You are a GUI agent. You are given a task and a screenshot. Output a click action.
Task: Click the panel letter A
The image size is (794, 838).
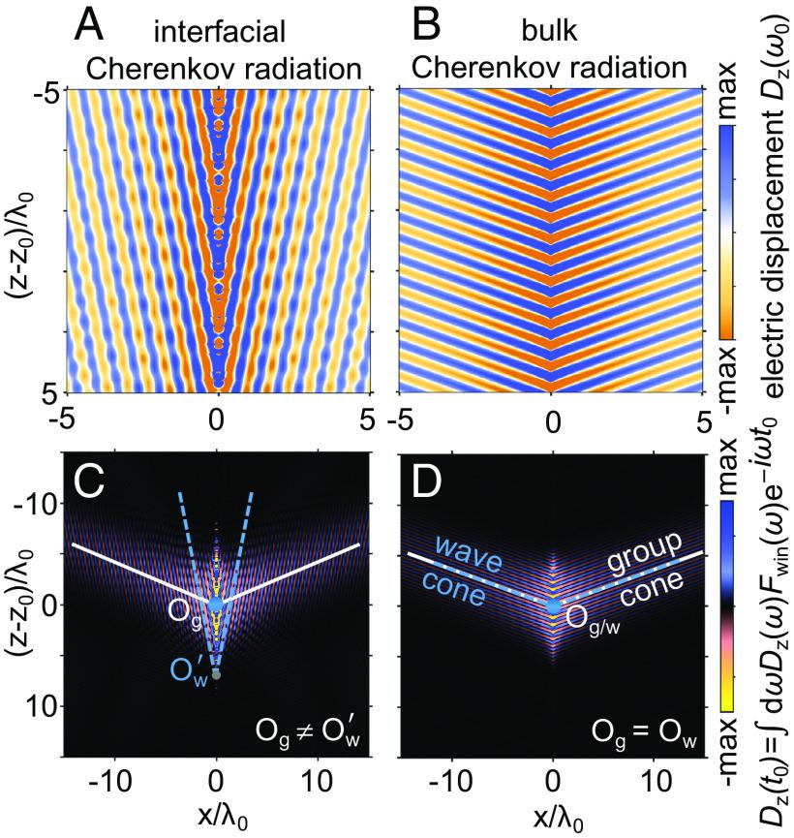pos(97,26)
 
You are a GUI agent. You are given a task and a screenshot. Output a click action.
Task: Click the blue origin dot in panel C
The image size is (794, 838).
pos(217,604)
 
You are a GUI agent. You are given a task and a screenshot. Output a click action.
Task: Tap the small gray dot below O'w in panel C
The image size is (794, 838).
pos(217,673)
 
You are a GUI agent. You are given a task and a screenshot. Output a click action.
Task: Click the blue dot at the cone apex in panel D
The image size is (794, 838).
pos(552,606)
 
